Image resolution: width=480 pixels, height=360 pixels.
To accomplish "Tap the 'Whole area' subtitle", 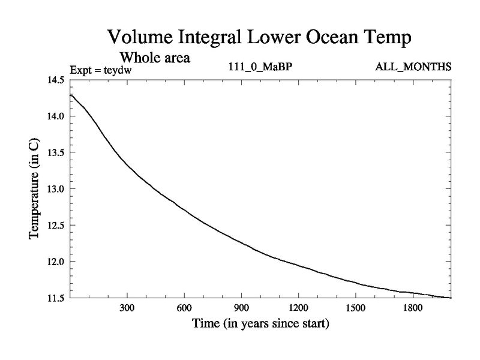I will (x=155, y=58).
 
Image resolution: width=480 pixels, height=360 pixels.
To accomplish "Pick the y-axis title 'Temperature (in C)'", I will (x=35, y=188).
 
